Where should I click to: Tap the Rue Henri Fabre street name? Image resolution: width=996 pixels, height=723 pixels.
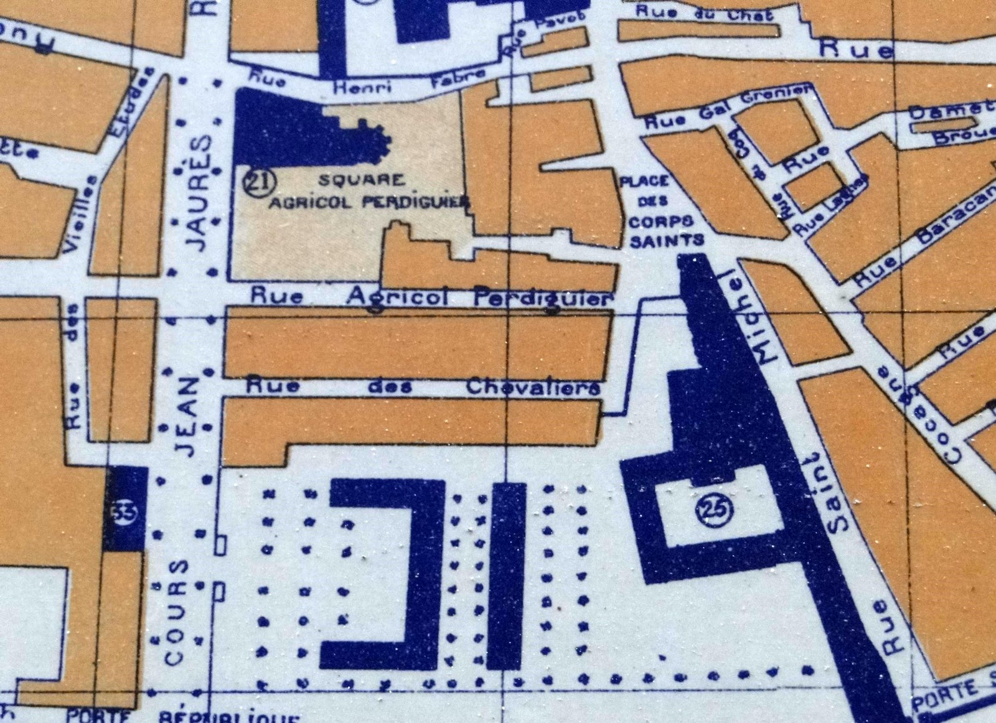(x=367, y=84)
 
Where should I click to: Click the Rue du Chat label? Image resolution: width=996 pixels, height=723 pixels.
(x=704, y=13)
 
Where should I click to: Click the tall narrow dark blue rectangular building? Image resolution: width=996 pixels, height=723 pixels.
(x=509, y=576)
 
